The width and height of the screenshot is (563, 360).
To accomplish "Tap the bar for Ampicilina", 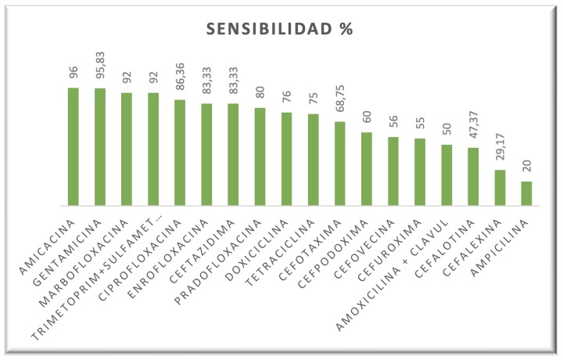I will (x=526, y=193).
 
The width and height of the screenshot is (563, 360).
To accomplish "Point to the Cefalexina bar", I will (x=500, y=188).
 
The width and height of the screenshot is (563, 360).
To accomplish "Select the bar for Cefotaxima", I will (x=339, y=164).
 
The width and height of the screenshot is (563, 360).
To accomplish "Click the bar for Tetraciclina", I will (x=313, y=160).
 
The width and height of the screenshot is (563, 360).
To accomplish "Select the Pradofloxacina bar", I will (x=260, y=157).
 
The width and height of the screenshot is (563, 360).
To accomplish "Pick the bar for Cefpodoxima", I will (x=366, y=169).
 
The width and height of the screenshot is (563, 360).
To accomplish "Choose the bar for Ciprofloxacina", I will (x=180, y=153).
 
